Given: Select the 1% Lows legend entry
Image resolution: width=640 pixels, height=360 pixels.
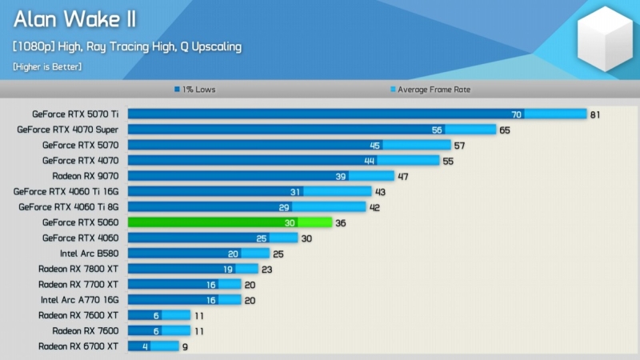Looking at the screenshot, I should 195,90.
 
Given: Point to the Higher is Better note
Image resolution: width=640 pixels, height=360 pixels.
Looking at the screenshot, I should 47,66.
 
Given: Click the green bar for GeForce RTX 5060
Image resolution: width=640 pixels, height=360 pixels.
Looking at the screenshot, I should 229,222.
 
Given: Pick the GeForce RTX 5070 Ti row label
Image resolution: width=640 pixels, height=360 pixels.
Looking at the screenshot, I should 75,114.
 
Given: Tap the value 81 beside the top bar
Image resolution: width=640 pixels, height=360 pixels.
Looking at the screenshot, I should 595,114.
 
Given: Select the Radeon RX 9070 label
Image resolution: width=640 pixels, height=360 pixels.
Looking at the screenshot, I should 85,176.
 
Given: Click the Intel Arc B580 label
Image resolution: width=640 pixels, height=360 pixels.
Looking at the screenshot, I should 89,254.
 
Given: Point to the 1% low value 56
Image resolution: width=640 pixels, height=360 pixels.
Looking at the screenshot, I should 437,130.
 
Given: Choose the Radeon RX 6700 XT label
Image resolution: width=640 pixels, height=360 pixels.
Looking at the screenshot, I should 78,346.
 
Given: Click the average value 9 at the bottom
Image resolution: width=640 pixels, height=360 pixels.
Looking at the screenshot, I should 186,346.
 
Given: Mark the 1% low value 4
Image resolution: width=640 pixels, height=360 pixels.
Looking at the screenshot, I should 145,346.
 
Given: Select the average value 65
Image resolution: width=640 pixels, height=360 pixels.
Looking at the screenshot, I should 504,130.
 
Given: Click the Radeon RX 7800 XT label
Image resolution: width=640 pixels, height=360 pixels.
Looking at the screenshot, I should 78,269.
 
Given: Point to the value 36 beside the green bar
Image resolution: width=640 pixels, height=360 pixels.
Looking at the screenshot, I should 341,222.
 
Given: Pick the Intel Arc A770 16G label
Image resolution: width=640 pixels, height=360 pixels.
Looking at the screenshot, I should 80,300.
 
